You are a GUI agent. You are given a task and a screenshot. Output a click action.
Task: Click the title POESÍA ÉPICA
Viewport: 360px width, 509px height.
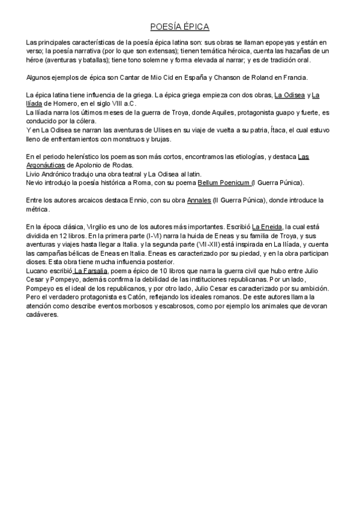click(179, 27)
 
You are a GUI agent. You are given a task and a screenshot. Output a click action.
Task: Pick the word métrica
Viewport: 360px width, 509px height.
click(38, 209)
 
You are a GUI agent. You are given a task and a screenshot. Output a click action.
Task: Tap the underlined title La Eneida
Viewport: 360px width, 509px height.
click(268, 226)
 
